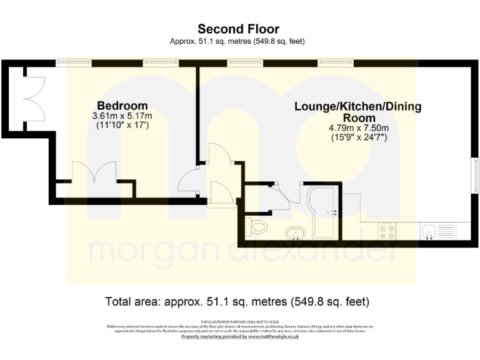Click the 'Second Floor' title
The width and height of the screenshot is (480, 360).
(238, 29)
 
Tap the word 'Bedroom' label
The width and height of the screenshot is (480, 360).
(122, 106)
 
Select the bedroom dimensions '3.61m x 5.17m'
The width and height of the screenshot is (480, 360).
(122, 116)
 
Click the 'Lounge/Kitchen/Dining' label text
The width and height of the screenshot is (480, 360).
(357, 107)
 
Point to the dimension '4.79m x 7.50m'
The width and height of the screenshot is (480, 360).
(357, 128)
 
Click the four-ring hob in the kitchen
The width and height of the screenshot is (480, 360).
(387, 232)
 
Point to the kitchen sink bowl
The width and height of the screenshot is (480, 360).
(429, 232)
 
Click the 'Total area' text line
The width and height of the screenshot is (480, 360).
(238, 302)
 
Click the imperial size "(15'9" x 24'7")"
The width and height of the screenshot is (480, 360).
(357, 137)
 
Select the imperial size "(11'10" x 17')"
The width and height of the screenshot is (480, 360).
(122, 126)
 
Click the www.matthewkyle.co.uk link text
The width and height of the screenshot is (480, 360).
(274, 336)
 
